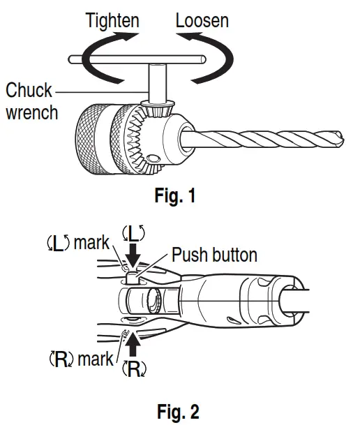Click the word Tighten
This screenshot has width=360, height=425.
tap(112, 21)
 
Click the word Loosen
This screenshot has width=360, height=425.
tap(202, 21)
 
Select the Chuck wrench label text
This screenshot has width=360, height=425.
tap(31, 101)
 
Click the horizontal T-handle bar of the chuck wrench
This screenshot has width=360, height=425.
tap(137, 59)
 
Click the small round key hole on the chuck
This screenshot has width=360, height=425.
tap(153, 158)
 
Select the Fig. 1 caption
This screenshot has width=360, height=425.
tap(175, 195)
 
